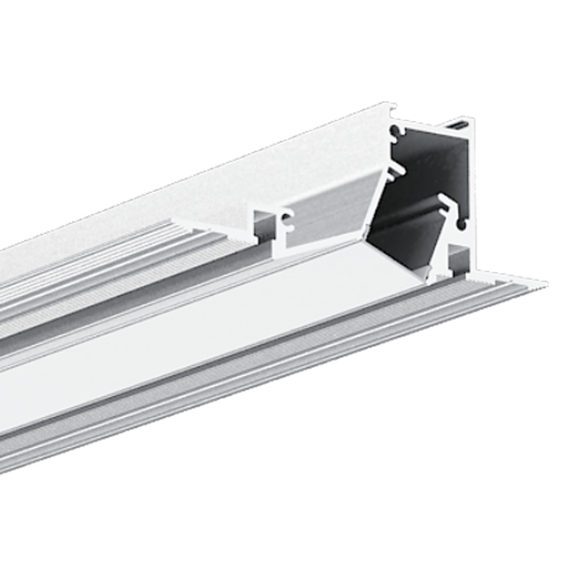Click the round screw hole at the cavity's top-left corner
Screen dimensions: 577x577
click(x=395, y=132)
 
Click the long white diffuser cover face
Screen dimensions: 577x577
click(x=180, y=346)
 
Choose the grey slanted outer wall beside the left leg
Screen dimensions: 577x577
click(x=332, y=209)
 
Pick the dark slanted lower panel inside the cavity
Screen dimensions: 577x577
click(x=404, y=238)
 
